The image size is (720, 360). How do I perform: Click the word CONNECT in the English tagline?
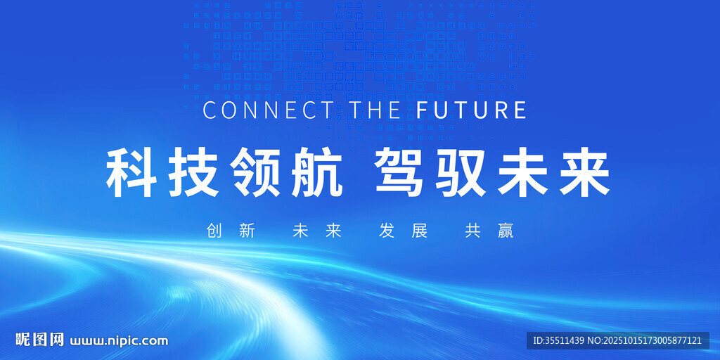268,110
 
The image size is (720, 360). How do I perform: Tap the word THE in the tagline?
375,110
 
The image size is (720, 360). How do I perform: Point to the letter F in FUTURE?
422,110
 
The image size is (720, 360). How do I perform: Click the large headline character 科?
131,174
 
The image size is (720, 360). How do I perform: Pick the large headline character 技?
193,174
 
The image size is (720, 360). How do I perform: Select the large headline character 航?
317,174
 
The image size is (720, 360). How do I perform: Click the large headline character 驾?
399,174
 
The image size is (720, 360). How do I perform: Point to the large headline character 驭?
461,174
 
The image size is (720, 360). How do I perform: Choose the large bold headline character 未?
522,174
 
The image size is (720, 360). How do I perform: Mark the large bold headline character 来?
584,174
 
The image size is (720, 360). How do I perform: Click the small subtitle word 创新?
231,231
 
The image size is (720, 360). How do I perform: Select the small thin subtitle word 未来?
317,231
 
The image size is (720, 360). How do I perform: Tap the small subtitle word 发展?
403,231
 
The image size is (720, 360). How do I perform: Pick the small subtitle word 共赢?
489,231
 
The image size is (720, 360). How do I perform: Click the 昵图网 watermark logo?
39,340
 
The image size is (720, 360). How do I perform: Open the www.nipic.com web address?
119,341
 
